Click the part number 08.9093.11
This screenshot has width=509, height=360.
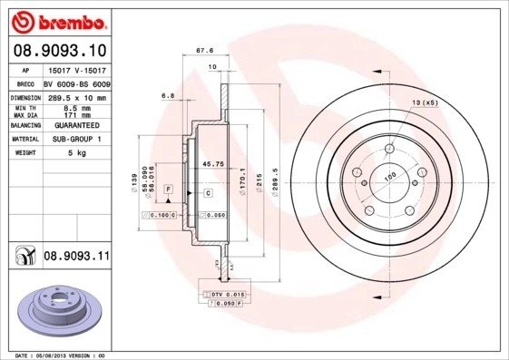(x=76, y=258)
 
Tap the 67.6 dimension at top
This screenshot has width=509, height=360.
(x=216, y=51)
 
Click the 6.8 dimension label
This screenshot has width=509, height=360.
(x=167, y=94)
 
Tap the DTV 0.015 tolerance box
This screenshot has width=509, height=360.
(x=228, y=296)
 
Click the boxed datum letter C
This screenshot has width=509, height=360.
(x=208, y=193)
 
